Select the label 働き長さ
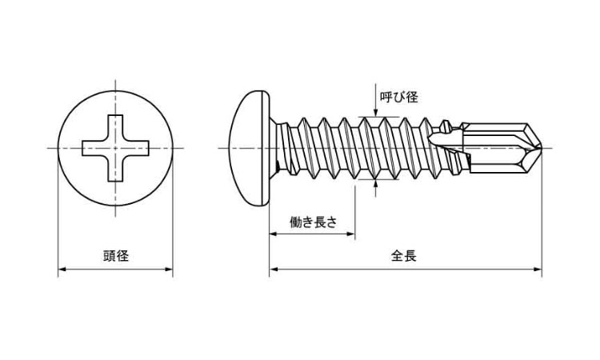313,223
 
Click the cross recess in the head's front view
116,148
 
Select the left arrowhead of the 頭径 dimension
62,270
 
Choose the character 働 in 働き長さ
295,223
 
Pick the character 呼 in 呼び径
390,97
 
